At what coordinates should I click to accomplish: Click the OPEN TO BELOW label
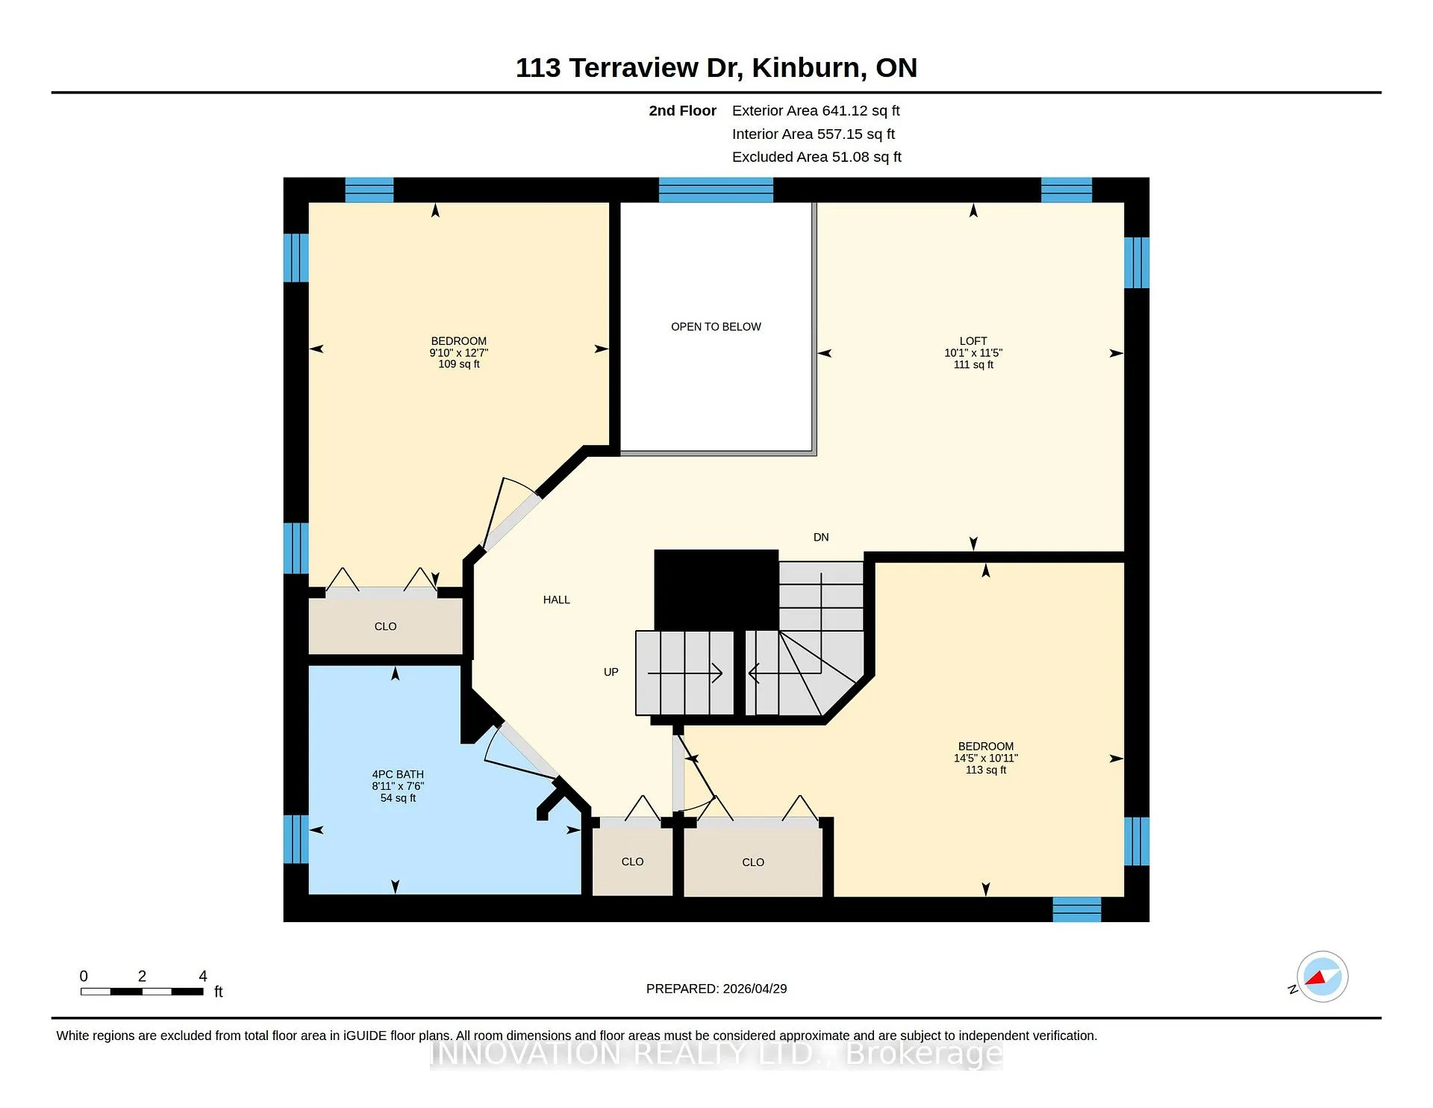coord(716,327)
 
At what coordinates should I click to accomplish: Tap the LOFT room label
coord(973,341)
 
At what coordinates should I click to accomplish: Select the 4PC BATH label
coord(398,775)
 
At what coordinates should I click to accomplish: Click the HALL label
coord(557,600)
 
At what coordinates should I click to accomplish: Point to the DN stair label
coord(821,538)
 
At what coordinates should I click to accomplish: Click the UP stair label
coord(611,672)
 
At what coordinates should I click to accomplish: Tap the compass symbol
coord(1322,977)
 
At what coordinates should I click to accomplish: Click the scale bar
coord(142,992)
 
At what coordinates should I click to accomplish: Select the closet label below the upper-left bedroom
coord(385,626)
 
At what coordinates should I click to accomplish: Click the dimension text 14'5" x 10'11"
coord(986,758)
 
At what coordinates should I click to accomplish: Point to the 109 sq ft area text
coord(459,364)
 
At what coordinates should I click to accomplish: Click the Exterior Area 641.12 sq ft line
coord(816,111)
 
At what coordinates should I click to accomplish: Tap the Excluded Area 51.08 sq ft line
coord(817,157)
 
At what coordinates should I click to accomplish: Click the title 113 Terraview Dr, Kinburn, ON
coord(716,68)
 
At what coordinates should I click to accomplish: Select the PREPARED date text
coord(716,989)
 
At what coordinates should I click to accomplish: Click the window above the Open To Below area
coord(716,190)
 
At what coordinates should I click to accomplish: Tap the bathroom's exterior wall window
coord(296,839)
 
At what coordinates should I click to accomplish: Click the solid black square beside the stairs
coord(716,590)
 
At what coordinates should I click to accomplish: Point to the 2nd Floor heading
coord(682,111)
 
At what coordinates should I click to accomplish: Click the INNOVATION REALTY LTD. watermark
coord(716,1053)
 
